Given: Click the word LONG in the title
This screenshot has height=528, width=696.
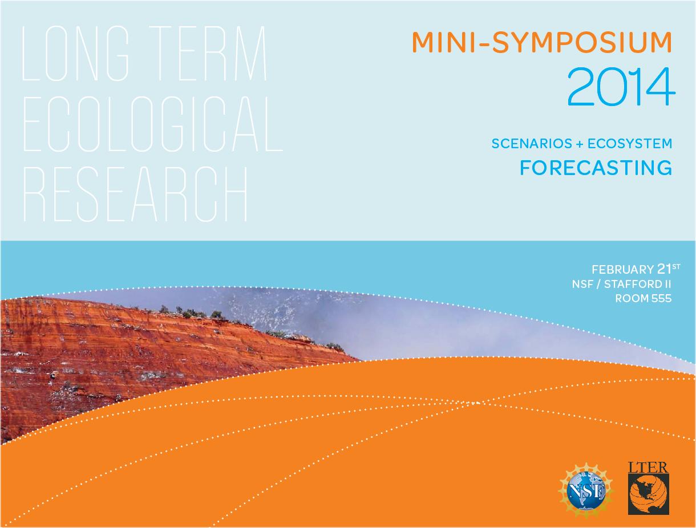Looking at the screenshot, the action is pyautogui.click(x=75, y=53).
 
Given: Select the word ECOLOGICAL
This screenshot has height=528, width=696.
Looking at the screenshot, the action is pyautogui.click(x=153, y=124).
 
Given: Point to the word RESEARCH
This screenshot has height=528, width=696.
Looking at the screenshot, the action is pyautogui.click(x=135, y=194).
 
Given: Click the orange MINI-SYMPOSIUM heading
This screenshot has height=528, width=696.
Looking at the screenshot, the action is pyautogui.click(x=541, y=42).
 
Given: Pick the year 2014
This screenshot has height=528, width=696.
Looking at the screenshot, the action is pyautogui.click(x=621, y=87).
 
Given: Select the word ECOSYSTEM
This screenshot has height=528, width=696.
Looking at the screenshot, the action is pyautogui.click(x=630, y=144).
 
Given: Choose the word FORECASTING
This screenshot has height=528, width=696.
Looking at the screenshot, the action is pyautogui.click(x=596, y=168).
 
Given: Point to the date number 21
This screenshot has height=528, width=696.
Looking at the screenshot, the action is pyautogui.click(x=664, y=269).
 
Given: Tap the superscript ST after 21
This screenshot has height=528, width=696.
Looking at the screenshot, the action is pyautogui.click(x=676, y=266).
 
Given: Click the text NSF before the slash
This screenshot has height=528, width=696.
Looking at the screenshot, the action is pyautogui.click(x=582, y=285).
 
